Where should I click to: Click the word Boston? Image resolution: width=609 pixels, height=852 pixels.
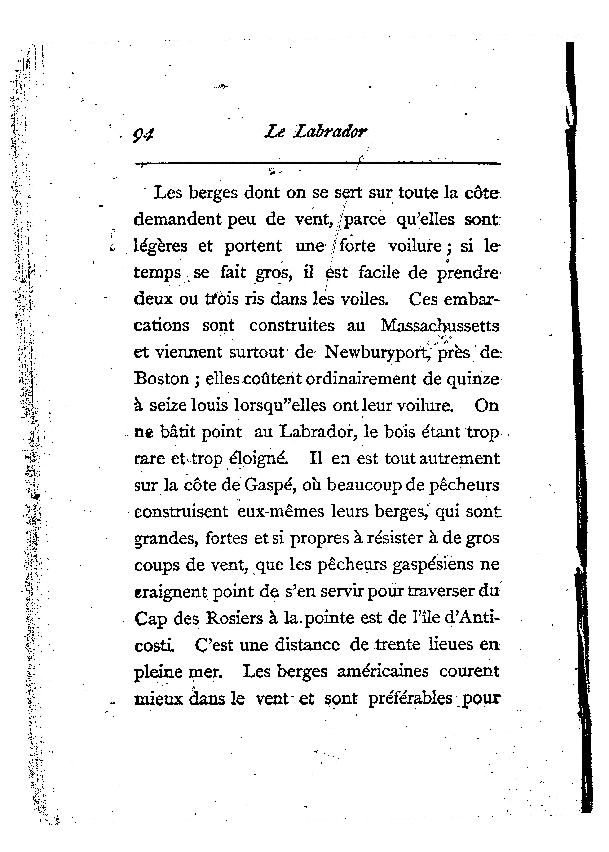162,379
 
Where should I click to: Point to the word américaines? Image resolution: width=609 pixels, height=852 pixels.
383,671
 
